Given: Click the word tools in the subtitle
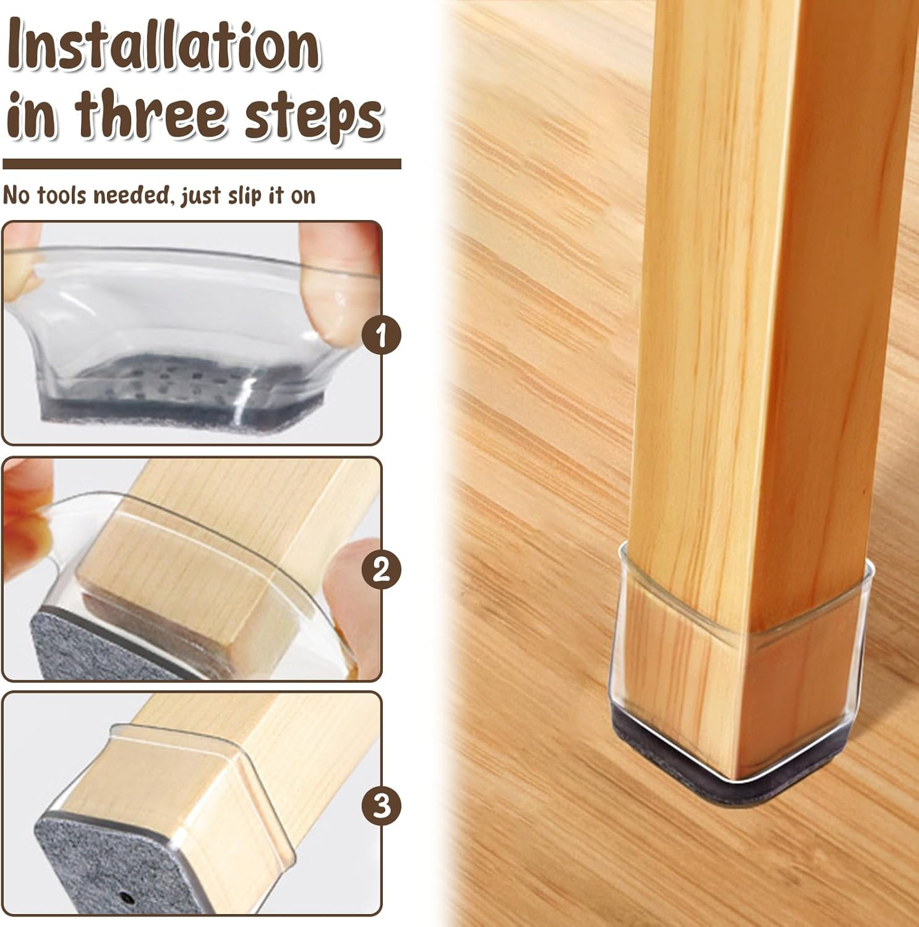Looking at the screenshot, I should [68, 195].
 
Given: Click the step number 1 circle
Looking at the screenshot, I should [382, 335].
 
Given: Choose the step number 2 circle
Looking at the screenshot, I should [382, 569].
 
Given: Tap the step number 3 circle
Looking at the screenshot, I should [382, 806].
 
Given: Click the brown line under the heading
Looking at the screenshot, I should [202, 164].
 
